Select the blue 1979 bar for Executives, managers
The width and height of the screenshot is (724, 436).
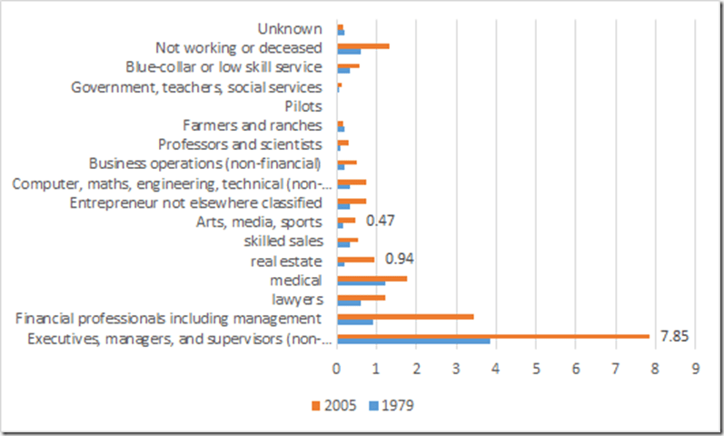[x=413, y=342]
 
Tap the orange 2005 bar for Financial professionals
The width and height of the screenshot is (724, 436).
[x=405, y=316]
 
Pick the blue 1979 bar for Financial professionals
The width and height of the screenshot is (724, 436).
[x=355, y=322]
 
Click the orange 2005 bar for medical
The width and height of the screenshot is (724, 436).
[x=372, y=278]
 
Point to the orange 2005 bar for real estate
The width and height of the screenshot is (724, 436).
[x=355, y=259]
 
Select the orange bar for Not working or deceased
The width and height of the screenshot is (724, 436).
[x=362, y=45]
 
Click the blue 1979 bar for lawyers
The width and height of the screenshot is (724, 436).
[x=349, y=302]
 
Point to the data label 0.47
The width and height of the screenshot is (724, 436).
[x=380, y=220]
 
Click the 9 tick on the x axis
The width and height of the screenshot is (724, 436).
[x=695, y=371]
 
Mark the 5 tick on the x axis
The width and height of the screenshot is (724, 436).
[x=536, y=371]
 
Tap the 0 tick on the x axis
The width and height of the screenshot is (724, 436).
[x=337, y=371]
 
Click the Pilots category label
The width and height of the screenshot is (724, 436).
[x=303, y=106]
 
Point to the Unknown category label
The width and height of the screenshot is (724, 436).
[x=289, y=30]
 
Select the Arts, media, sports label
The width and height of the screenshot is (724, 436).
[x=259, y=221]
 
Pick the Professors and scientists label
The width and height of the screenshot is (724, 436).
[x=240, y=144]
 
